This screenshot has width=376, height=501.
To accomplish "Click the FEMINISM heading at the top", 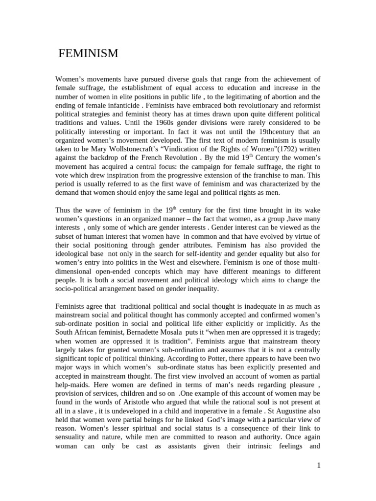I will tap(89, 54).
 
